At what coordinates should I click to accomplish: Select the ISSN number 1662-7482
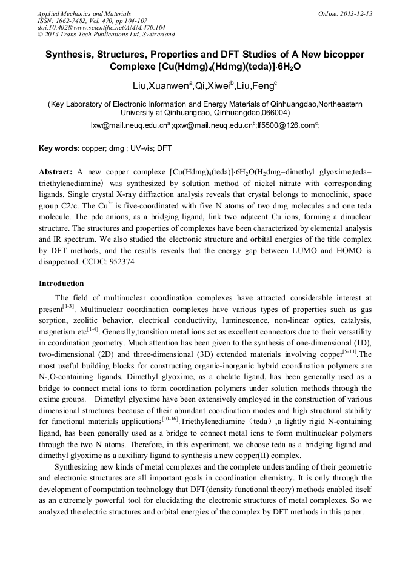(73, 21)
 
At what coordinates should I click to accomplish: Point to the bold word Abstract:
(56, 172)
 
